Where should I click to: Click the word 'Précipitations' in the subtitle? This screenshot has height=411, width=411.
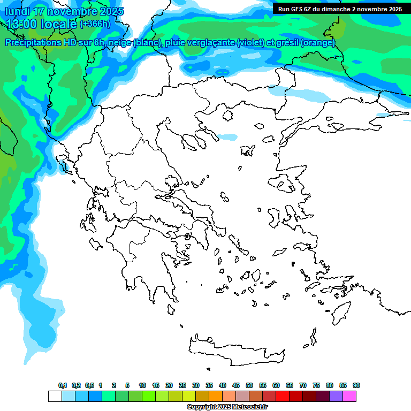(32, 42)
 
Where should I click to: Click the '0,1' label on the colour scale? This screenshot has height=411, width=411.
(63, 385)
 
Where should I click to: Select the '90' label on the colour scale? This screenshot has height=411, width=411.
(356, 385)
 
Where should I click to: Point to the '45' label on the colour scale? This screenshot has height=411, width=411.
(236, 385)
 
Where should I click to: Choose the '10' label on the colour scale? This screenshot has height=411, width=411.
(142, 385)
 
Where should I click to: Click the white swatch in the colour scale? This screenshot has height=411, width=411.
(55, 397)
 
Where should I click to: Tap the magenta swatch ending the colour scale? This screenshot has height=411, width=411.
(349, 397)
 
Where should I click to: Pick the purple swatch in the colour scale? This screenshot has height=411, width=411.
(336, 397)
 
